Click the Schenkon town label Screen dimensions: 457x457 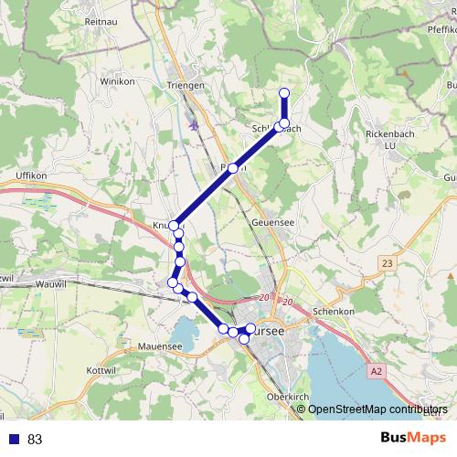click(333, 312)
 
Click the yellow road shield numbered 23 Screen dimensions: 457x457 click(386, 263)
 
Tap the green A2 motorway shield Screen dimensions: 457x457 click(377, 371)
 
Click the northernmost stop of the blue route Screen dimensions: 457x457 click(284, 92)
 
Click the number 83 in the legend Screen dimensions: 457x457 click(35, 439)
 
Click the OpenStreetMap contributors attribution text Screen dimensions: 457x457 click(377, 409)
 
